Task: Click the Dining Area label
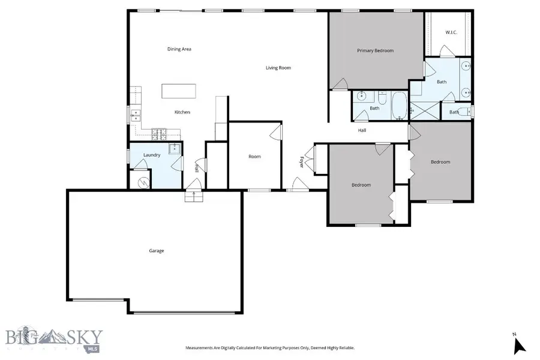pos(179,49)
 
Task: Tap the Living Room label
pos(278,68)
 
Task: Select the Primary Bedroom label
pos(375,51)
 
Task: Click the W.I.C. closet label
pos(451,32)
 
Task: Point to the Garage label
pos(156,251)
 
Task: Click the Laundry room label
pos(152,155)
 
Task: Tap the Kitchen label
pos(182,112)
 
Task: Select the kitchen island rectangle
pos(179,91)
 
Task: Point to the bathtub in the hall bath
pos(399,106)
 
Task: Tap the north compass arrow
pos(520,345)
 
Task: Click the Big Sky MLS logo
pos(54,339)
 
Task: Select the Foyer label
pos(302,162)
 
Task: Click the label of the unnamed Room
pos(255,157)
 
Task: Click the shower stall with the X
pos(424,112)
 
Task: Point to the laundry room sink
pos(175,149)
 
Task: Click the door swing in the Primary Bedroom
pos(340,84)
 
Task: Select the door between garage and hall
pos(194,196)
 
